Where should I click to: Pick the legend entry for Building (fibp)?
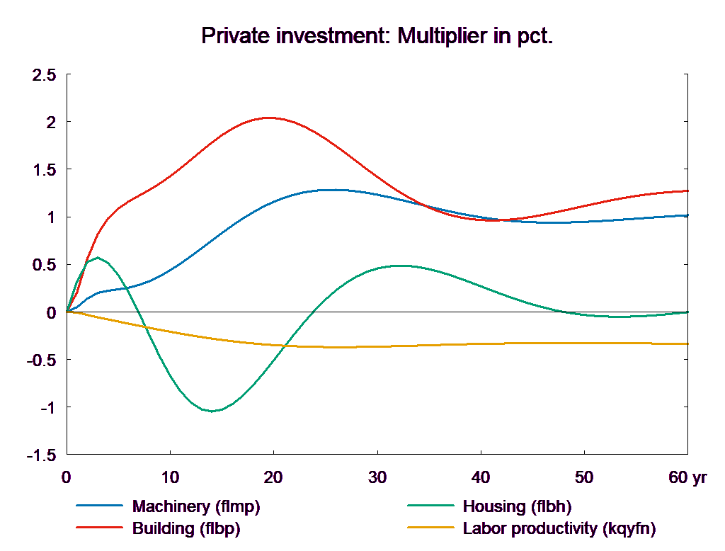click(x=186, y=528)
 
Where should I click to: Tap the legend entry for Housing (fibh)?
click(x=516, y=506)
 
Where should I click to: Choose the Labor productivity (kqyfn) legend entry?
click(x=559, y=528)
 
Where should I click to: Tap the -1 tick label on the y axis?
click(x=48, y=408)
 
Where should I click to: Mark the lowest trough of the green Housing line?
click(x=211, y=411)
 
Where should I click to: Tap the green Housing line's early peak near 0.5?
click(x=97, y=257)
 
